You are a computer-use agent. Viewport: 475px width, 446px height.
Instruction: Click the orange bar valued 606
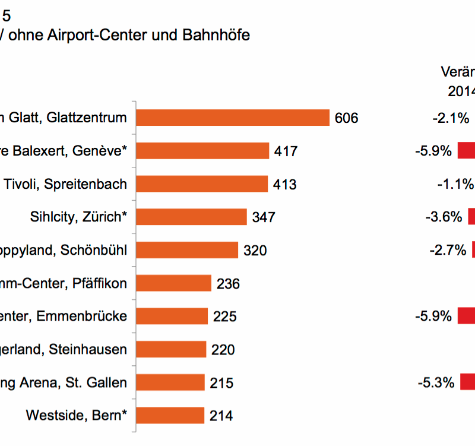coord(233,118)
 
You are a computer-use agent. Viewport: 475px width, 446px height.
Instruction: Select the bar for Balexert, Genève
coord(202,151)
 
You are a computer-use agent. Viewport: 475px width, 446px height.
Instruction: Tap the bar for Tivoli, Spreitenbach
coord(202,184)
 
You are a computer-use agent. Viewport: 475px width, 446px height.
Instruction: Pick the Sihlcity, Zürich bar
coord(191,217)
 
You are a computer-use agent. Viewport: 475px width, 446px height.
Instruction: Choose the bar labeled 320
coord(187,250)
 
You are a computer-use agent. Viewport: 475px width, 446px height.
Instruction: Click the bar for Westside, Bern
coord(170,415)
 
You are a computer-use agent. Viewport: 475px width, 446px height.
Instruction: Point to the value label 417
coord(286,151)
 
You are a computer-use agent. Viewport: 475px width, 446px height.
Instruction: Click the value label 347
coord(264,217)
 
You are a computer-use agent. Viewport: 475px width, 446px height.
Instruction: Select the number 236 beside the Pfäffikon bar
coord(228,284)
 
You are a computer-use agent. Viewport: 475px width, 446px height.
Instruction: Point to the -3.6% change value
coord(444,217)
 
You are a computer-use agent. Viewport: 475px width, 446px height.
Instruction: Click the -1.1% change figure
coord(455,184)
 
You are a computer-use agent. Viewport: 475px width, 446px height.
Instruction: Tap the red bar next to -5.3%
coord(467,382)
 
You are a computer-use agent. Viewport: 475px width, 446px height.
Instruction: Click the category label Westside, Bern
coord(77,415)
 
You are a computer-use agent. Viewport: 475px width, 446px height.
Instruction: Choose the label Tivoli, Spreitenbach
coord(65,184)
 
